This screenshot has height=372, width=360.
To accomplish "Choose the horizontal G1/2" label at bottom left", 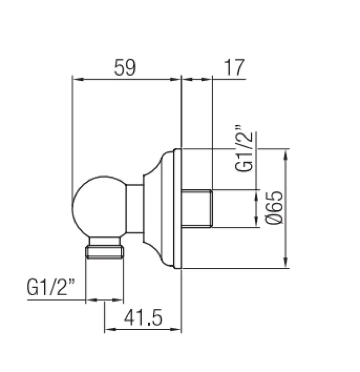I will (51, 288).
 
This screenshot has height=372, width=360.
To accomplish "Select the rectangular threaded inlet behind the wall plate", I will (197, 208).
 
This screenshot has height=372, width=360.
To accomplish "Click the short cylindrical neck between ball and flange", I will (135, 208).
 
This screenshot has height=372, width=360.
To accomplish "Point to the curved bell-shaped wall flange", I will (160, 208).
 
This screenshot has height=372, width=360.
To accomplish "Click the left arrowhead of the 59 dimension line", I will (77, 79).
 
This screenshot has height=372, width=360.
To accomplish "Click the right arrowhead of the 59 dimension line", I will (176, 79).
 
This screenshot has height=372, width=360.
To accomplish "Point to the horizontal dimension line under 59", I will (126, 79).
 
